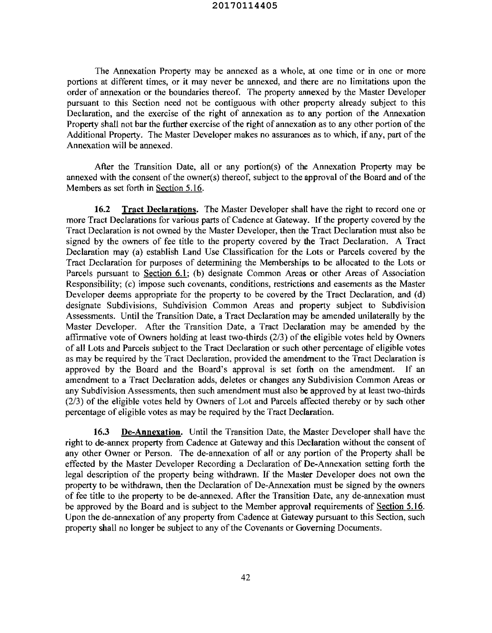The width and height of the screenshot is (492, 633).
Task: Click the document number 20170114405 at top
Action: pos(245,6)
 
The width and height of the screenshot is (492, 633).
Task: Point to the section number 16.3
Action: pos(101,432)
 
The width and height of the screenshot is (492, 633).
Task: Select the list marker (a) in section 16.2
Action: pos(137,252)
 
